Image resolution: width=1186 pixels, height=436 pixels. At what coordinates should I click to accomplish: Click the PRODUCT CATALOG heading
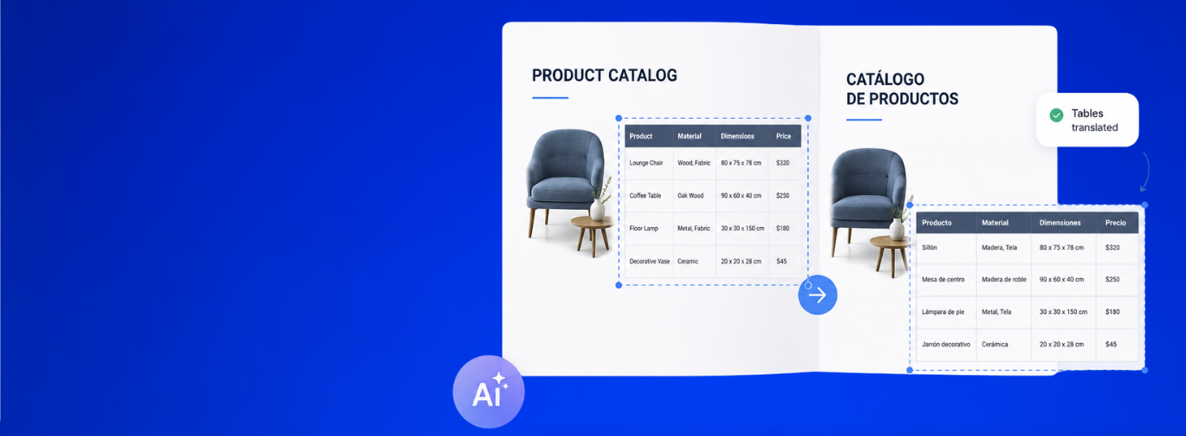pos(604,75)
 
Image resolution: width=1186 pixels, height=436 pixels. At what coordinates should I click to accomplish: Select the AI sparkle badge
pos(488,392)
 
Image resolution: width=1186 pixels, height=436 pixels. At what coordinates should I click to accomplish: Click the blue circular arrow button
pos(818,295)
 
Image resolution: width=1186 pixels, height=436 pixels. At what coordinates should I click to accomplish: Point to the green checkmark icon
pos(1056,115)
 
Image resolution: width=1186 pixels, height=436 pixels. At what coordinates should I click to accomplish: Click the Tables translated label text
pos(1094,120)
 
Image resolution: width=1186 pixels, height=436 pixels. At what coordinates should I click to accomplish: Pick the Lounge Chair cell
pos(646,163)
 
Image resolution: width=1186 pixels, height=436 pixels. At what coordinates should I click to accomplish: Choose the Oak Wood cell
pos(690,196)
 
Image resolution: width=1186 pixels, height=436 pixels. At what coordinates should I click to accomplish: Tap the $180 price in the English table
pos(782,228)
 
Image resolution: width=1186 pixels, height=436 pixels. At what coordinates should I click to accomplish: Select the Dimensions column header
pos(737,136)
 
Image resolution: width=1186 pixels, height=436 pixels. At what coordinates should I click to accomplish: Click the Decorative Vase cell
pos(649,261)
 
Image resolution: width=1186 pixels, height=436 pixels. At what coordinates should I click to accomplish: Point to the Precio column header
pos(1116,223)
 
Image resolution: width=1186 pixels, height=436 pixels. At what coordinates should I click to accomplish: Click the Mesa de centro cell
pos(943,279)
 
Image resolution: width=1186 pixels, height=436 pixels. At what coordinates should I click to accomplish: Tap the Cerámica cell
pos(995,344)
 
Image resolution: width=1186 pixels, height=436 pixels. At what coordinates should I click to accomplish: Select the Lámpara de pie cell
pos(943,312)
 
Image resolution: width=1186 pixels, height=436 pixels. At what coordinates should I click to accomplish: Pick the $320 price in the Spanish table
pos(1112,247)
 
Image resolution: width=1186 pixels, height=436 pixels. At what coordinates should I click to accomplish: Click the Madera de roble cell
pos(1004,279)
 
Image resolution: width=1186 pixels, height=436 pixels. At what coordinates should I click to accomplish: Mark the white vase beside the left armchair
pos(597,209)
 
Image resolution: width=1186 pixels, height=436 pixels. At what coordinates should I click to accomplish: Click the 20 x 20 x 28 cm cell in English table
pos(741,261)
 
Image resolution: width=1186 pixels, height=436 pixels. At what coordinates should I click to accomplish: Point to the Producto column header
pos(936,223)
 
